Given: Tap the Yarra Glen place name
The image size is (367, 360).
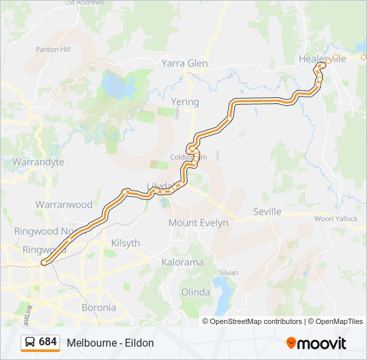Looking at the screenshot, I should [x=185, y=63].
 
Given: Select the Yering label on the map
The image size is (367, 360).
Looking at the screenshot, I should [x=185, y=102].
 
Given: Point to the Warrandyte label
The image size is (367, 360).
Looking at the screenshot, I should [x=38, y=162].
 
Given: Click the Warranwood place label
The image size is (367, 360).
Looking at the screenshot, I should [x=63, y=205].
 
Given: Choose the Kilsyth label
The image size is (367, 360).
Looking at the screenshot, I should [x=125, y=243].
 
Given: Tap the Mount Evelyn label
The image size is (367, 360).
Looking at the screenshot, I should [x=198, y=223].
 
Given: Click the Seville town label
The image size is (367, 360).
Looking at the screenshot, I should [x=267, y=212].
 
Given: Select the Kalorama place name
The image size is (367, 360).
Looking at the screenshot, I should [x=182, y=262].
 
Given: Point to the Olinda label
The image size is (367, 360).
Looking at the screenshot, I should [x=196, y=292].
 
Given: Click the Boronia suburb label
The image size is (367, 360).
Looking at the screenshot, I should [x=98, y=308].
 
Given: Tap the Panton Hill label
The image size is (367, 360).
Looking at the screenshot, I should [x=53, y=49].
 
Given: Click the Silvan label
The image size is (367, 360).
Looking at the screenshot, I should [x=228, y=273].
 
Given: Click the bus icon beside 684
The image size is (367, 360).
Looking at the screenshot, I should [x=30, y=342].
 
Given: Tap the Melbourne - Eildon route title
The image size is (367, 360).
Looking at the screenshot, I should [x=110, y=343].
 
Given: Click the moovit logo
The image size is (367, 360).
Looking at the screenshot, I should [x=316, y=343].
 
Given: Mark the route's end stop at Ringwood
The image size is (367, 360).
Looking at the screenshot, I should [x=44, y=263].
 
